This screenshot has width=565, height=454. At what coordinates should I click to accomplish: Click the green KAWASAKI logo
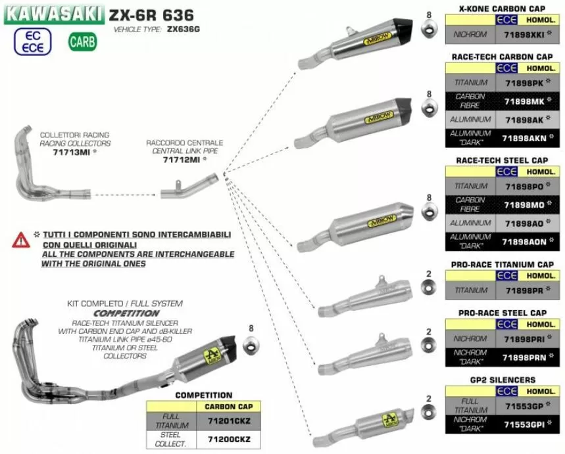click(54, 12)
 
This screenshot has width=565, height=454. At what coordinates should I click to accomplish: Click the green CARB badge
click(82, 43)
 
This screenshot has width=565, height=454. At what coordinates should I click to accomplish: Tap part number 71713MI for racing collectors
click(70, 152)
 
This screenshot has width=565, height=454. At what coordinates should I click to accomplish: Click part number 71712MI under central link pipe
click(181, 160)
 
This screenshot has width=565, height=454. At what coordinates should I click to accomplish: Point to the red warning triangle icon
click(20, 240)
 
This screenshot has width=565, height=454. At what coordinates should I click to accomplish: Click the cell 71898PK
click(524, 83)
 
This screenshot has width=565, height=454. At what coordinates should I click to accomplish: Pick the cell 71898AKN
click(524, 139)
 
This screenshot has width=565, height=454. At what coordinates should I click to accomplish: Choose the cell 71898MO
click(524, 205)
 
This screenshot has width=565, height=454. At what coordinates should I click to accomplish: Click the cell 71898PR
click(524, 290)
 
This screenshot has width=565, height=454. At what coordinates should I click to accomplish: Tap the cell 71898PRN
click(524, 357)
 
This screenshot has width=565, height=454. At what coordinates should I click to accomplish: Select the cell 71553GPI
click(524, 424)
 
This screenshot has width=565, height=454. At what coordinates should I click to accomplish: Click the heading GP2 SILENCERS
click(503, 380)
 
